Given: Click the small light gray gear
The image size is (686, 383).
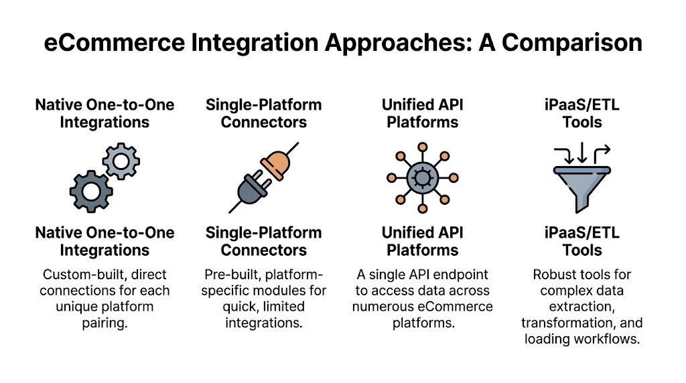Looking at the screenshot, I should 121,161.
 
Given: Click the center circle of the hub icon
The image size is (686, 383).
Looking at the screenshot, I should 422,177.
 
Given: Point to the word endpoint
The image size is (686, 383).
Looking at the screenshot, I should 464,275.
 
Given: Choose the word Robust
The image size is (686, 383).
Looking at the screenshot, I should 555,275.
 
